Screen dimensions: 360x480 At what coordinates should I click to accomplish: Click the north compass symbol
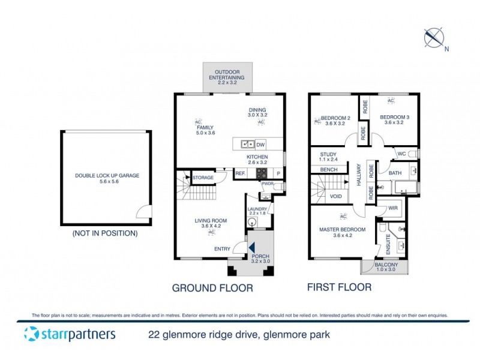click(433, 38)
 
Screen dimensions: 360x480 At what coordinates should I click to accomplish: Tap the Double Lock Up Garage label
click(107, 179)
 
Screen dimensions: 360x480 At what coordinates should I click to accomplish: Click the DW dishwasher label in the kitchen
click(260, 145)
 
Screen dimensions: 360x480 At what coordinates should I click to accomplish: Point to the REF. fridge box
click(240, 173)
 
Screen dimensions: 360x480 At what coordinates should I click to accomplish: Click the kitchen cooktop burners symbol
click(263, 173)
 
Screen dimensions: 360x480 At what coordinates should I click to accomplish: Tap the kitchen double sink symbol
click(245, 144)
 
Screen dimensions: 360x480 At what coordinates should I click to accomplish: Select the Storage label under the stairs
click(203, 178)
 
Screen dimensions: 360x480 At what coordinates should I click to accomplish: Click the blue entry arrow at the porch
click(253, 247)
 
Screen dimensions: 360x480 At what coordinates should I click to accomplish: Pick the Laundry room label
click(257, 211)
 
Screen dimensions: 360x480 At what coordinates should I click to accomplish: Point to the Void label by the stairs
click(337, 196)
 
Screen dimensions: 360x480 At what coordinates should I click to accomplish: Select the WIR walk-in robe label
click(393, 208)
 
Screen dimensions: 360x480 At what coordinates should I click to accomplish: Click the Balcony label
click(384, 267)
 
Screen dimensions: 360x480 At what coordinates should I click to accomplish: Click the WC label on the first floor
click(401, 154)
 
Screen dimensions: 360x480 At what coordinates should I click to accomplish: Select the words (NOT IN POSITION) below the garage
click(105, 233)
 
